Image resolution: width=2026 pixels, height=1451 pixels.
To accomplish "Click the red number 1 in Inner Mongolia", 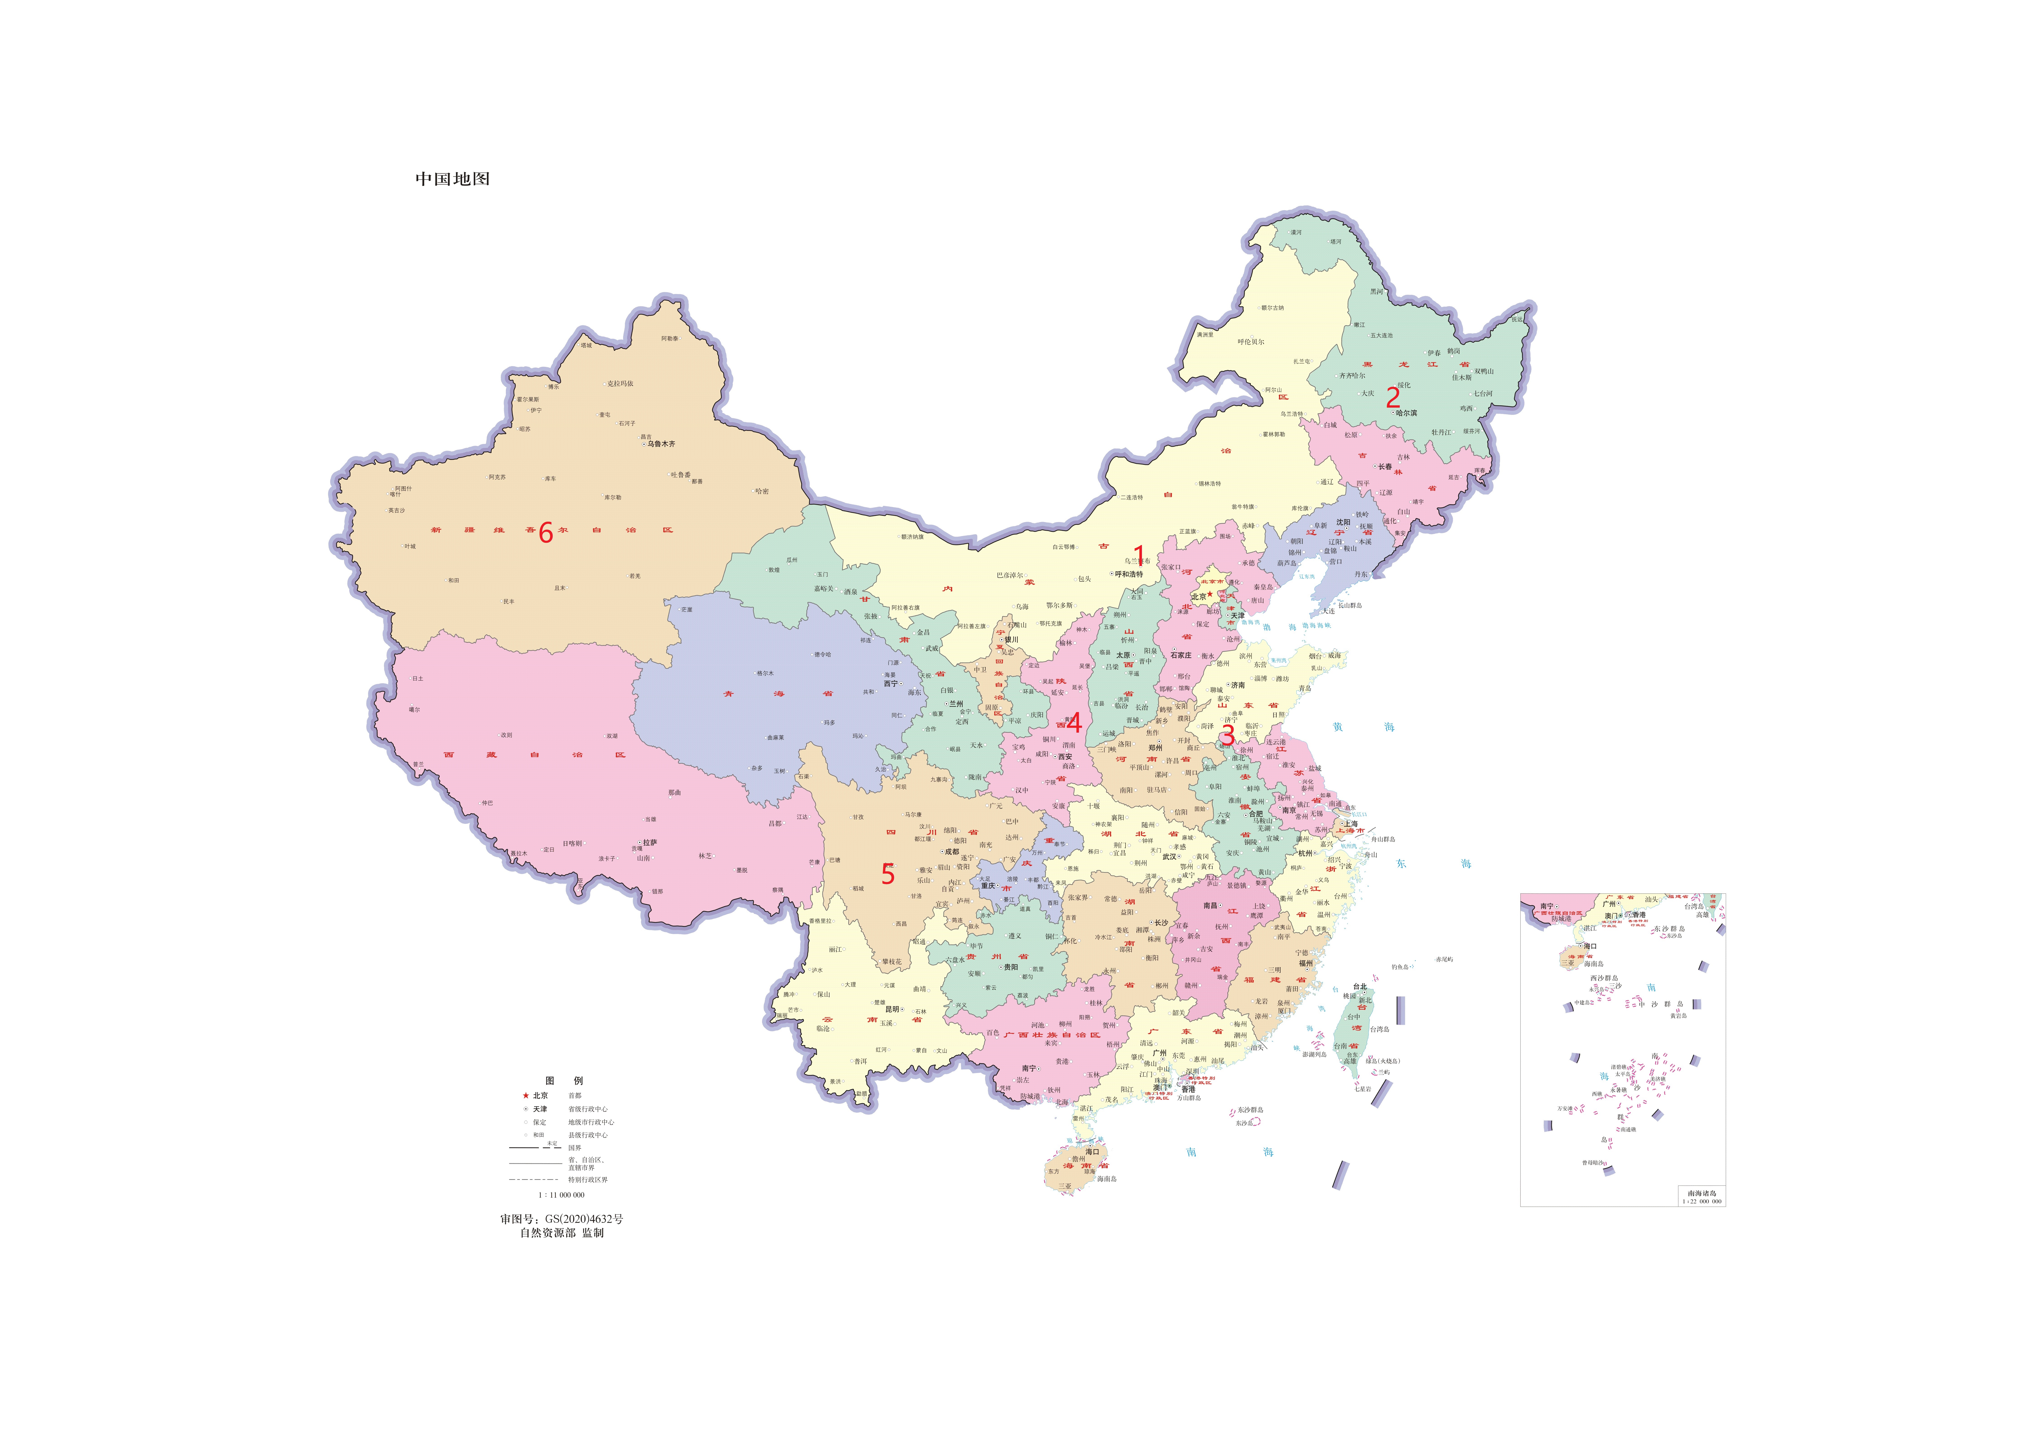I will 1138,556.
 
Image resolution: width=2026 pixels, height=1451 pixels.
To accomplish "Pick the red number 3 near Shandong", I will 1227,734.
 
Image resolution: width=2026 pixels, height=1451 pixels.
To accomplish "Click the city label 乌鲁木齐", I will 661,444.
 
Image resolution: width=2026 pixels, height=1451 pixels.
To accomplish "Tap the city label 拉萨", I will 650,843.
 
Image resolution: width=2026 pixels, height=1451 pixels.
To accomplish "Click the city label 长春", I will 1385,466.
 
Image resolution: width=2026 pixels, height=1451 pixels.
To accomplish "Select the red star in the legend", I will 525,1095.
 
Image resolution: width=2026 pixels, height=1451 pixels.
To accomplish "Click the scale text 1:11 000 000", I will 561,1195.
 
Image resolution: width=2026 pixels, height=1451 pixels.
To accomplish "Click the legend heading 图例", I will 564,1080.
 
